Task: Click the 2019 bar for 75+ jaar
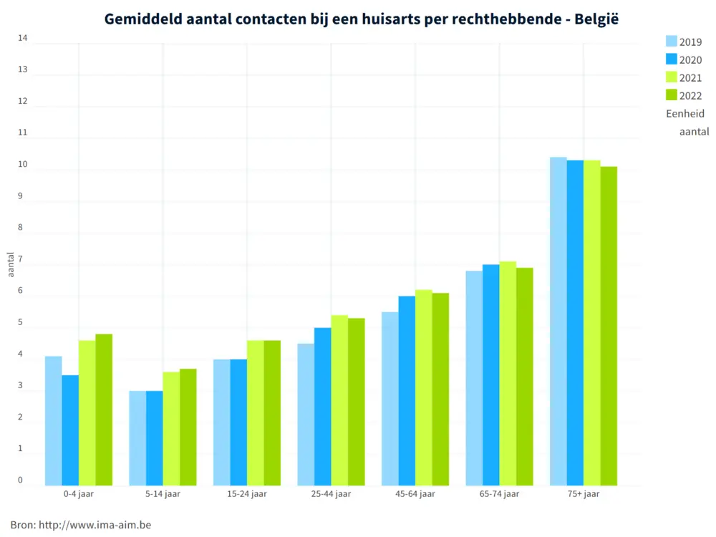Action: tap(558, 321)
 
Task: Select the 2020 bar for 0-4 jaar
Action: tap(70, 430)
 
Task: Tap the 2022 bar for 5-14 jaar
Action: tap(188, 427)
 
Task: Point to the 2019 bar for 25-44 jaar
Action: tap(306, 415)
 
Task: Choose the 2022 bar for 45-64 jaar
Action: tap(440, 390)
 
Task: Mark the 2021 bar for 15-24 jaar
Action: tap(256, 413)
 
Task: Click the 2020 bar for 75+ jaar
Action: tap(575, 323)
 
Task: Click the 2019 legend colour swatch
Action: tap(671, 42)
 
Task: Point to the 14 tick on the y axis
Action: tap(23, 38)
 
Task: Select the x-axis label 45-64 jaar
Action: tap(415, 494)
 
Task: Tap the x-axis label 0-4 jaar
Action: tap(79, 494)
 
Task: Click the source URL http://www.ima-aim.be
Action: tap(95, 525)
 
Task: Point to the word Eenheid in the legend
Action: tap(685, 113)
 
